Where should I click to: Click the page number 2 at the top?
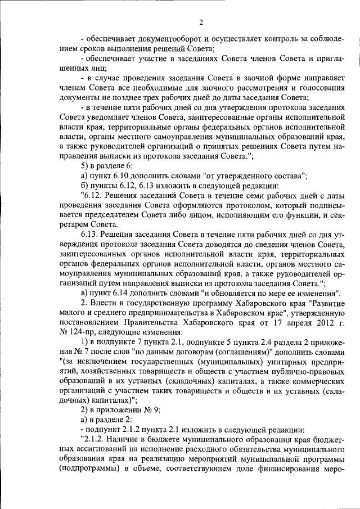click(x=201, y=22)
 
